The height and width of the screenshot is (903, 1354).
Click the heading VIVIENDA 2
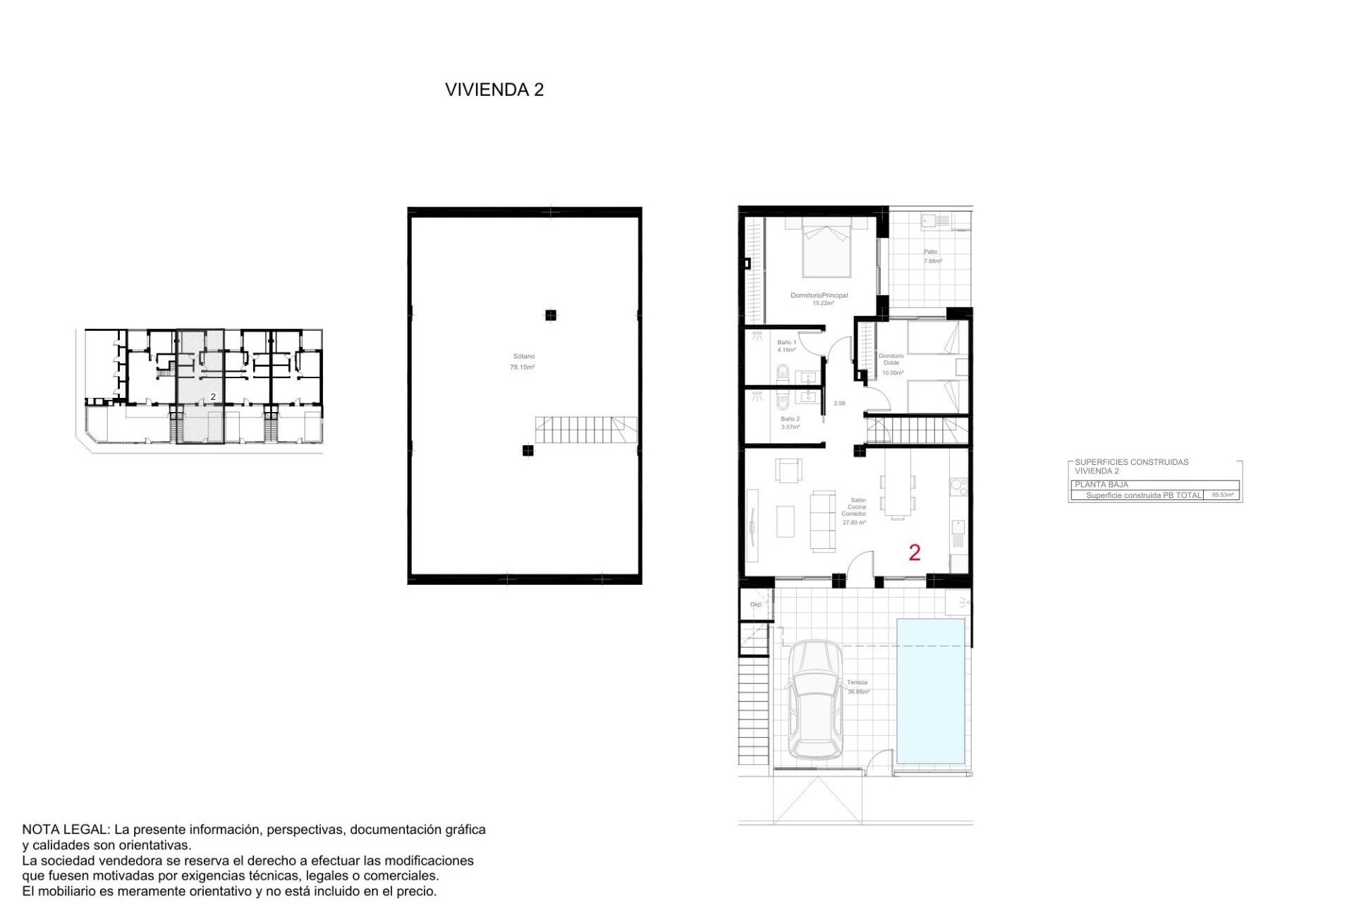[494, 90]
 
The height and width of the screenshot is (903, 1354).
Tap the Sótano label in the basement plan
[523, 357]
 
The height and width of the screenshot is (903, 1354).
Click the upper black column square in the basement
[551, 315]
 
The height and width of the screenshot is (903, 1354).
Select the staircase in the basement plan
[585, 430]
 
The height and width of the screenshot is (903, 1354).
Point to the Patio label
[931, 252]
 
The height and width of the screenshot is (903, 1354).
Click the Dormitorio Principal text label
[819, 296]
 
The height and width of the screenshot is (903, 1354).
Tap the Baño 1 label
[786, 342]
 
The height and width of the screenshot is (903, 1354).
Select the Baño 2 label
[790, 419]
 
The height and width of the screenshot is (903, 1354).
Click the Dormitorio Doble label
[891, 359]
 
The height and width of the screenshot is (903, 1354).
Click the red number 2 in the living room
[915, 552]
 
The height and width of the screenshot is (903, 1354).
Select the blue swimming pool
[931, 691]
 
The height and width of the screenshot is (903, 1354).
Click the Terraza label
[857, 683]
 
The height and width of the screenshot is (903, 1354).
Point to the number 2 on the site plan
[213, 397]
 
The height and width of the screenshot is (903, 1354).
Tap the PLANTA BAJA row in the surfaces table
[1102, 485]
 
